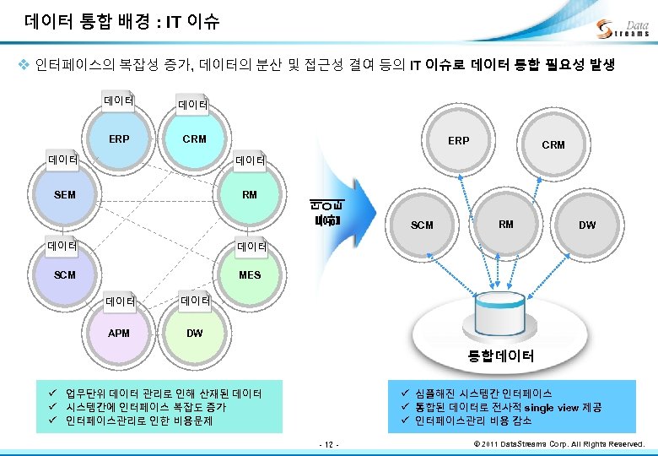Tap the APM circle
pyautogui.click(x=119, y=334)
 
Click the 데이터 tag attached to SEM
pyautogui.click(x=63, y=159)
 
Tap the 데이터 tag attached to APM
pyautogui.click(x=121, y=301)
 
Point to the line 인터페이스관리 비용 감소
pyautogui.click(x=473, y=421)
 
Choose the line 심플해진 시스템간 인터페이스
pyautogui.click(x=483, y=394)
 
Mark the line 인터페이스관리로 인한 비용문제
pyautogui.click(x=139, y=420)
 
